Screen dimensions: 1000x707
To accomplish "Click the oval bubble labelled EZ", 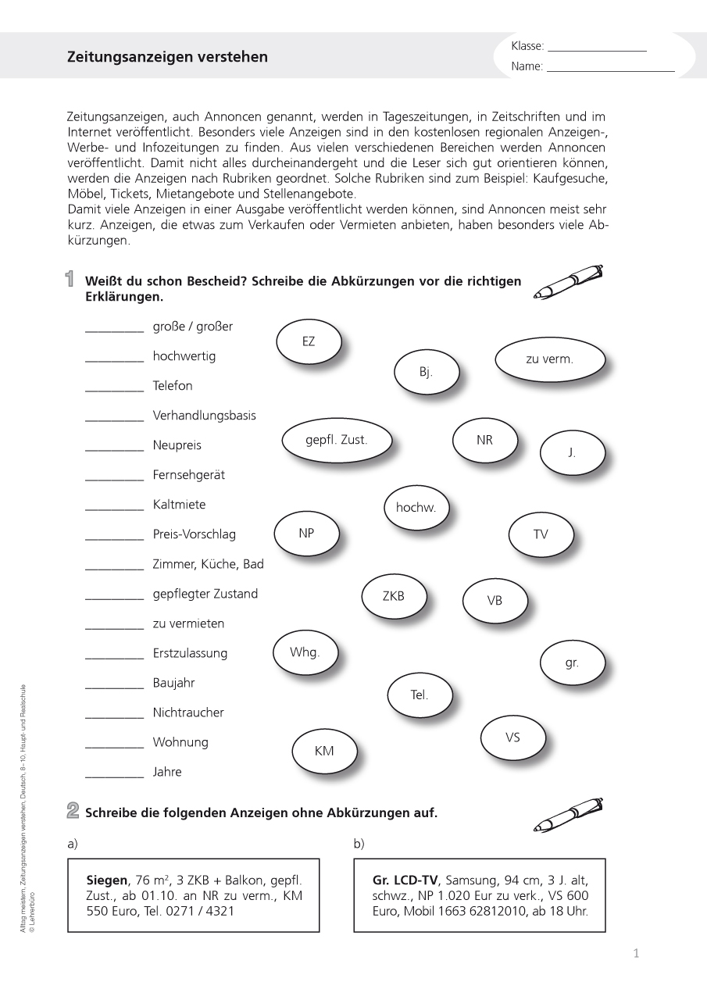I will pos(309,341).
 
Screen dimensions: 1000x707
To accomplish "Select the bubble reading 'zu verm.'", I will pos(550,359).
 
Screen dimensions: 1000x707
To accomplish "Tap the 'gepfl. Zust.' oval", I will pos(336,440).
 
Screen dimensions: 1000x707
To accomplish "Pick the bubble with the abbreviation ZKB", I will pos(394,596).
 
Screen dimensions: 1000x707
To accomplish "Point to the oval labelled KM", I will pos(324,751).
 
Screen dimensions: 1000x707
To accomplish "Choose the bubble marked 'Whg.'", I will pos(305,652).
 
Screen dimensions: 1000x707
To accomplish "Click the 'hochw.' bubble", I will pos(416,508).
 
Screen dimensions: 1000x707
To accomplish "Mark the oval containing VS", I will pos(512,737).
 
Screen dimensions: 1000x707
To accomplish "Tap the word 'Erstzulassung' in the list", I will pos(190,653).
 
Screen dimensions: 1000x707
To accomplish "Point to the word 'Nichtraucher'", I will pos(188,712).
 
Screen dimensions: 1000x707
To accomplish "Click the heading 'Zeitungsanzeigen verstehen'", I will pos(167,57).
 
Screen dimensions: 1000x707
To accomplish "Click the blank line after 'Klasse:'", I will pos(597,49).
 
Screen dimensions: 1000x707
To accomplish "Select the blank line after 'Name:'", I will pos(610,70).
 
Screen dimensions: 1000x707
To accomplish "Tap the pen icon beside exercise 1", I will pos(568,282).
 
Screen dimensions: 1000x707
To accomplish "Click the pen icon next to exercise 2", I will pos(568,815).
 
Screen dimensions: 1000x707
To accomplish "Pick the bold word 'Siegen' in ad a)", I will pos(106,880).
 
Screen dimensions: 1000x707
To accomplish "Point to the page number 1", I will pos(636,953).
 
